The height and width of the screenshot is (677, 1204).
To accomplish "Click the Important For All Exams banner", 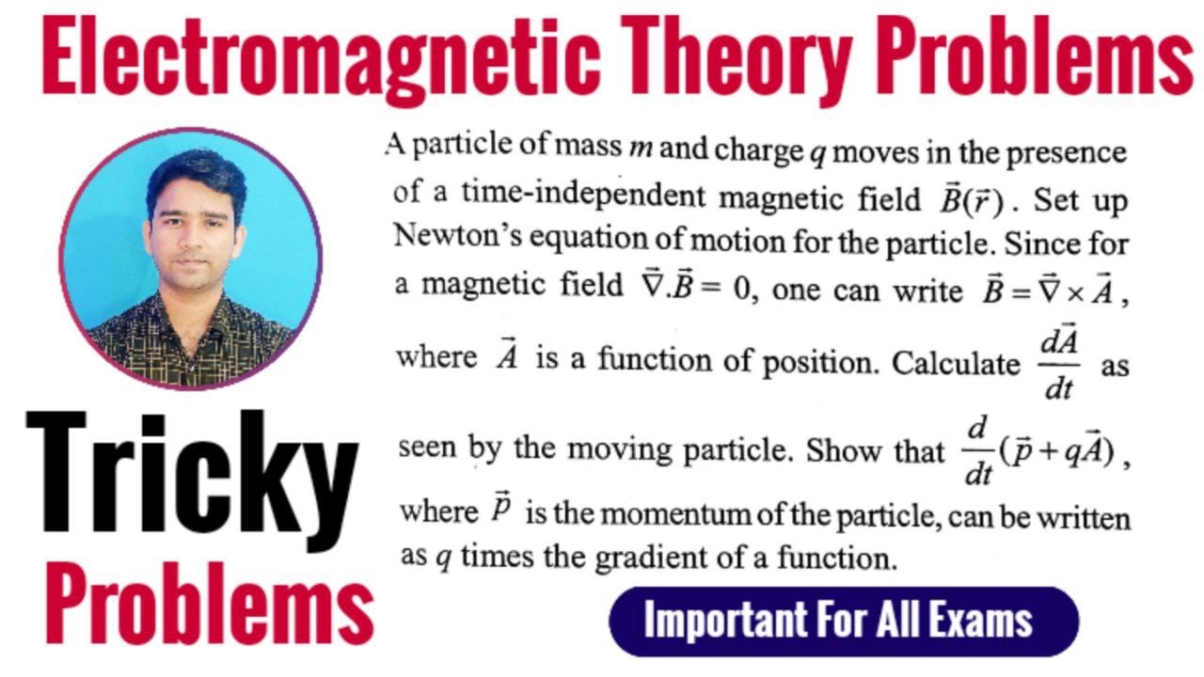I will [x=843, y=622].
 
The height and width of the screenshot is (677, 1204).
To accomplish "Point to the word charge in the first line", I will [x=759, y=150].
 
